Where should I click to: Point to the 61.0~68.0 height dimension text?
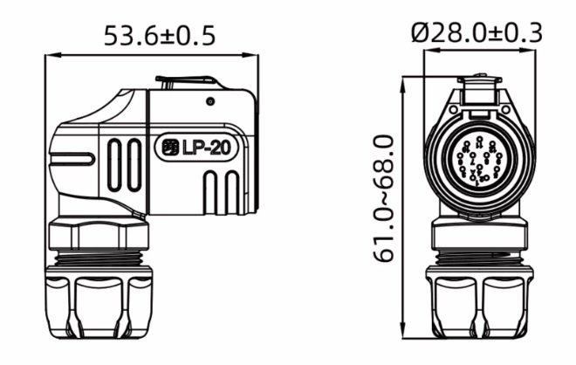[x=384, y=198]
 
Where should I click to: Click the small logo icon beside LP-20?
[x=169, y=148]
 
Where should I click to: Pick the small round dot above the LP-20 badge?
[x=210, y=101]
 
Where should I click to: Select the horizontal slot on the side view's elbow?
[x=72, y=159]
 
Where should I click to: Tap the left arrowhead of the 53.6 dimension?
[x=48, y=54]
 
